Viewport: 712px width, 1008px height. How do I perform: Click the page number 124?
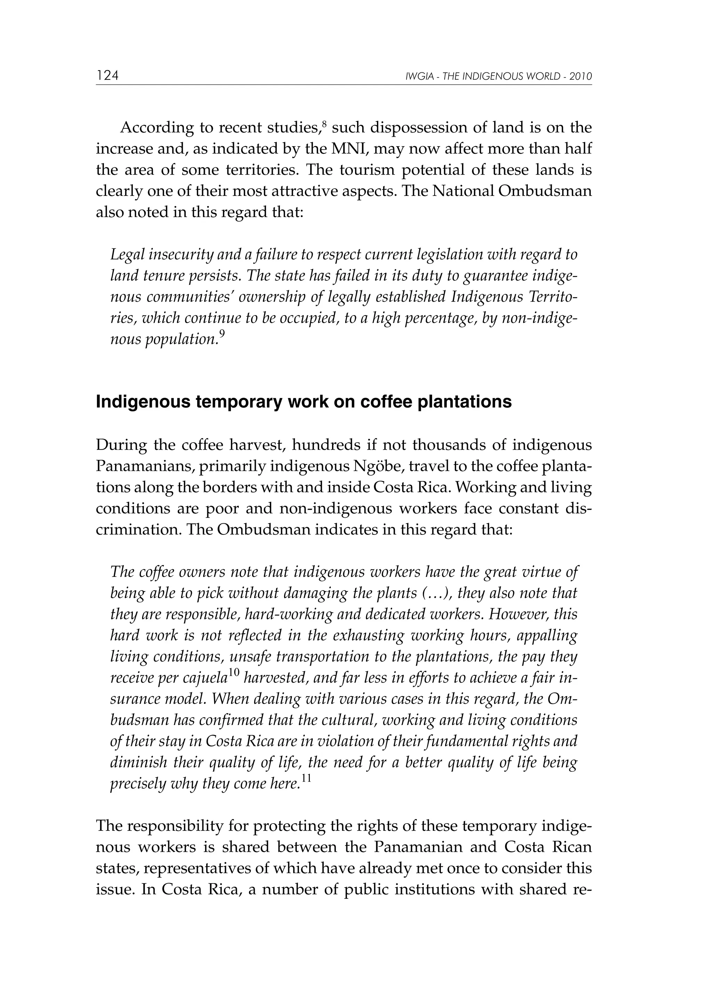(107, 76)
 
